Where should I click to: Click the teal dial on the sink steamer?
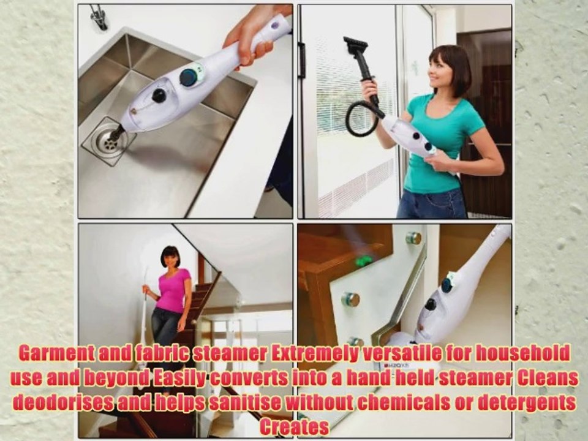[189, 77]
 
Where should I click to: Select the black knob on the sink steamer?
[159, 96]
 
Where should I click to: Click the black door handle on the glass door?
[302, 60]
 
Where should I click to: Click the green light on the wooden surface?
[364, 262]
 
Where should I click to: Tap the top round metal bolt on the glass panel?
[415, 238]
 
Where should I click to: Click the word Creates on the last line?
[294, 427]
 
